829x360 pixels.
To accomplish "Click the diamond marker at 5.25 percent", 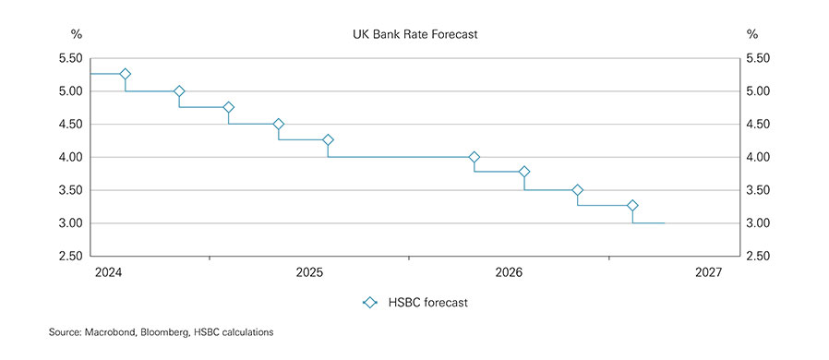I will pos(125,74).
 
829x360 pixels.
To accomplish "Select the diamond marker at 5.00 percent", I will pos(179,91).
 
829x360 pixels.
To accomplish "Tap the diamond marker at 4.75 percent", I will pos(229,108).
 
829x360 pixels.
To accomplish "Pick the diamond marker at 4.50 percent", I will pos(279,124).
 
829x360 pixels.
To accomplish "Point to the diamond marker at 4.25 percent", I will pos(328,140).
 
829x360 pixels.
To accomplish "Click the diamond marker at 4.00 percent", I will pos(475,157).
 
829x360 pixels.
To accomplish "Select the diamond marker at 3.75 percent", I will pos(524,172).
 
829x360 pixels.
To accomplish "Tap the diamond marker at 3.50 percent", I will pos(578,190).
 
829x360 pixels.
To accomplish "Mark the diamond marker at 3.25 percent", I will pos(632,205).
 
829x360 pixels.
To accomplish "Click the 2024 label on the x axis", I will pos(108,273).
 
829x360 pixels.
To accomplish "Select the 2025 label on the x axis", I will pos(308,273).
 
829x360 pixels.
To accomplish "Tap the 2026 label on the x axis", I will pos(509,273).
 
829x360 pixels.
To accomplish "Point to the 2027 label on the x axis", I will pos(709,273).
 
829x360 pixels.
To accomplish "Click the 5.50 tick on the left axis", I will pos(70,58).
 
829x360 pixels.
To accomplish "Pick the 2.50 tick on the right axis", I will pos(758,256).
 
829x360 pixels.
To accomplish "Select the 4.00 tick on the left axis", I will pos(70,157).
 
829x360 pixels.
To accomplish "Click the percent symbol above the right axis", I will pos(751,35).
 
